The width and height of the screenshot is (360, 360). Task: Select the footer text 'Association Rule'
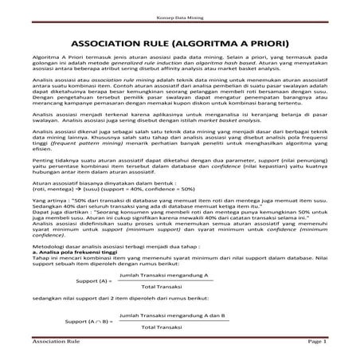pyautogui.click(x=55, y=341)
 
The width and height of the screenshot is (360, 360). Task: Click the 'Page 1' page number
pyautogui.click(x=316, y=341)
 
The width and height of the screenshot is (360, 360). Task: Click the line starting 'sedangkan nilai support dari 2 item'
pyautogui.click(x=111, y=301)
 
